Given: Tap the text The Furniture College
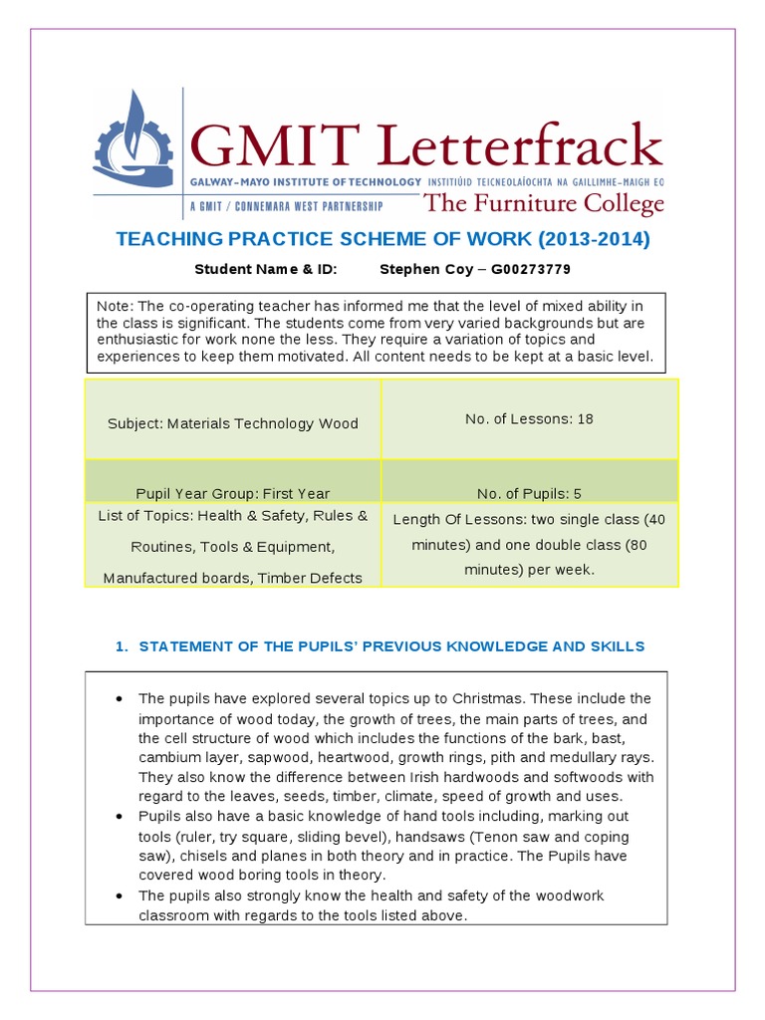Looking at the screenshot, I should [543, 205].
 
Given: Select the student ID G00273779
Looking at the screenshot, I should [526, 270].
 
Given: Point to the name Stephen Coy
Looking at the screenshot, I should [423, 270].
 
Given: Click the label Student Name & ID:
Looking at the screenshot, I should [266, 270].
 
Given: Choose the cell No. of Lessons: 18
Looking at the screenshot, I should [529, 418].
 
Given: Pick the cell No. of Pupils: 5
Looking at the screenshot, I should [529, 493].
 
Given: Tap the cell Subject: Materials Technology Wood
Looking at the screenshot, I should [233, 423].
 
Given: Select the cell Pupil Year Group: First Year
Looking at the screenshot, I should [233, 493].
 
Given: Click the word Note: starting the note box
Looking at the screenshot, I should [113, 305].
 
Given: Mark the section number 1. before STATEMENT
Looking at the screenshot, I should [122, 646].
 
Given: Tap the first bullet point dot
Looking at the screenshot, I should [119, 698].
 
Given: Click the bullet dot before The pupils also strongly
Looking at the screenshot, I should [119, 896].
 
